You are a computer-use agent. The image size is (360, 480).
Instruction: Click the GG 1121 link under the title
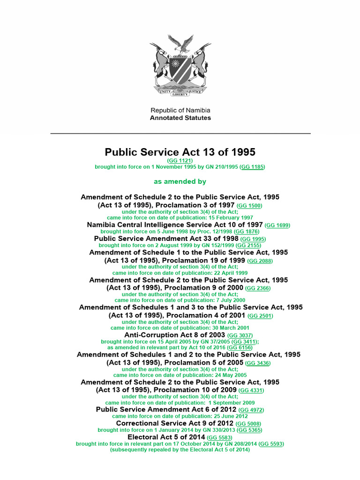pyautogui.click(x=180, y=160)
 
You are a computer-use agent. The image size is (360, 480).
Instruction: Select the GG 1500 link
pyautogui.click(x=250, y=206)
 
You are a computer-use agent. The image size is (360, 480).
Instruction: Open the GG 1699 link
pyautogui.click(x=277, y=225)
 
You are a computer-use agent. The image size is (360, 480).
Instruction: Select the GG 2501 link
pyautogui.click(x=260, y=316)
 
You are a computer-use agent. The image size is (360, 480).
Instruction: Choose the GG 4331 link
pyautogui.click(x=251, y=390)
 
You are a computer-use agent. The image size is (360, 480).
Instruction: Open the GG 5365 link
pyautogui.click(x=249, y=430)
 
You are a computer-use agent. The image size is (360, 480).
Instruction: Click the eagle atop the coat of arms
pyautogui.click(x=180, y=44)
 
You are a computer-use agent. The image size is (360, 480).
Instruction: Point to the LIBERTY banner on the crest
pyautogui.click(x=180, y=94)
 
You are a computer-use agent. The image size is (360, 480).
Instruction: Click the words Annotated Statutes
pyautogui.click(x=180, y=118)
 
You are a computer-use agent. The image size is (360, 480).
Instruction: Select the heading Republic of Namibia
pyautogui.click(x=180, y=110)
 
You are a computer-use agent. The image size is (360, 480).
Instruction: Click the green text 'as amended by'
pyautogui.click(x=180, y=181)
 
